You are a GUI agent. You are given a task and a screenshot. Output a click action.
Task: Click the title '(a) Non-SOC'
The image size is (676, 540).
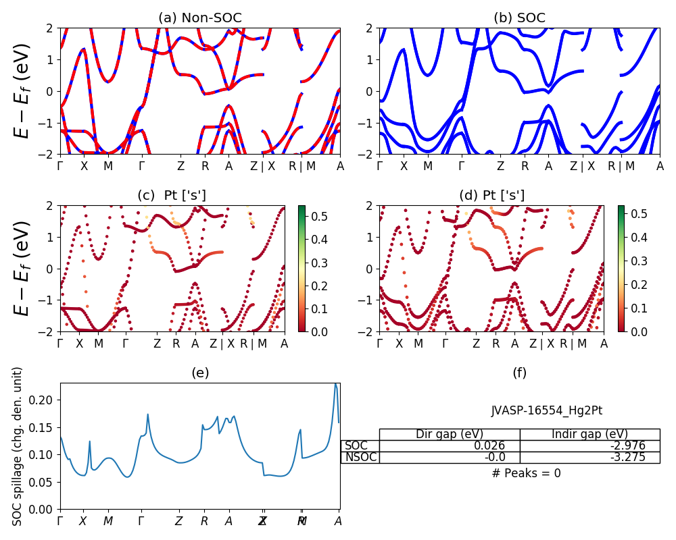click(x=200, y=18)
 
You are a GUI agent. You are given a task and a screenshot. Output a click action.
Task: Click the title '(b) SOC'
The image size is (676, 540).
click(x=519, y=18)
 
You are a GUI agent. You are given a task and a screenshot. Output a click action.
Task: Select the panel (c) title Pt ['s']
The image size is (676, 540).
click(x=172, y=196)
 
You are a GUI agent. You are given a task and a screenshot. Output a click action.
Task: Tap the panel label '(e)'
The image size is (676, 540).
click(x=200, y=373)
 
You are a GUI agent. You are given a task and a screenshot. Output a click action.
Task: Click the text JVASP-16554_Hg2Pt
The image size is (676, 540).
click(x=546, y=410)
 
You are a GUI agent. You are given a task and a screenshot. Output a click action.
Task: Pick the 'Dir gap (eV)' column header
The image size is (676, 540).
click(x=450, y=434)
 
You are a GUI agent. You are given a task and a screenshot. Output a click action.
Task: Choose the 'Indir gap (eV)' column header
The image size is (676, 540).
click(x=589, y=434)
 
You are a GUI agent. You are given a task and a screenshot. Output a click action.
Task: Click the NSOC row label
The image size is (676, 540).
click(x=360, y=457)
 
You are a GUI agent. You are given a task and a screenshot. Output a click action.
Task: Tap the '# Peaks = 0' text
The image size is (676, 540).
click(x=526, y=473)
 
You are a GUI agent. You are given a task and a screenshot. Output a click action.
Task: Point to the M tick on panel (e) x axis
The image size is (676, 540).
click(x=108, y=521)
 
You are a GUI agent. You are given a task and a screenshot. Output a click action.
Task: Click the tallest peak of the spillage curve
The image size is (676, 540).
click(x=335, y=383)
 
